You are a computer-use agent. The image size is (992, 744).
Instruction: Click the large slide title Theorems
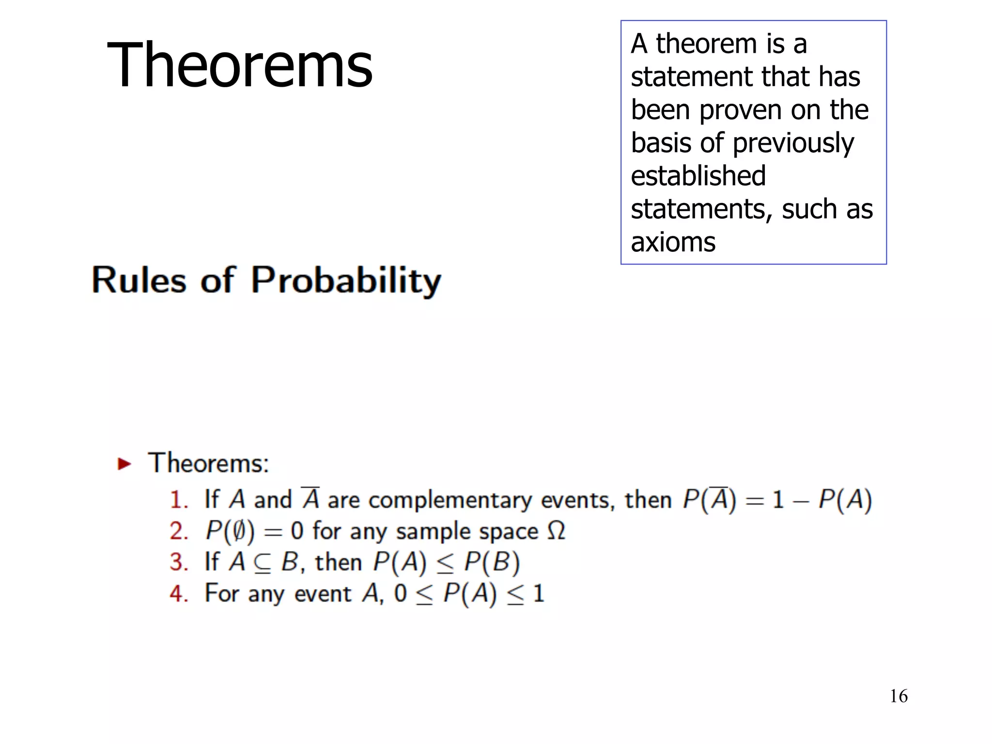240,65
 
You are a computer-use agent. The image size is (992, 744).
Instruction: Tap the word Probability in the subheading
346,280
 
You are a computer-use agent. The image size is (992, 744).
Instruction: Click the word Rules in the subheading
139,280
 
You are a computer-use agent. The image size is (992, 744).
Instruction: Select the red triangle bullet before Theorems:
124,464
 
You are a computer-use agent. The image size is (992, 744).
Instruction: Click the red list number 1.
178,500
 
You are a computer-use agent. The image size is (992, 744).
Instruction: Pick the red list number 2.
178,531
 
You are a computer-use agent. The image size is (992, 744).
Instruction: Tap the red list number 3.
178,562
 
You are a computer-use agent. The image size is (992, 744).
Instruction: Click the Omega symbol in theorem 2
556,530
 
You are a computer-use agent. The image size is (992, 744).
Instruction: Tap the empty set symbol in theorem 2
239,531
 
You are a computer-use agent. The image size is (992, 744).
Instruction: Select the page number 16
899,696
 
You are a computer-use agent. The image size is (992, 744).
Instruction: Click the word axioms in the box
673,242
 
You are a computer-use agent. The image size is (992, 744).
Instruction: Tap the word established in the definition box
698,176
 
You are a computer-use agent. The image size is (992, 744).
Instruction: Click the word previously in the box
793,144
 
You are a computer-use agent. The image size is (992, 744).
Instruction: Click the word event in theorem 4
323,594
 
